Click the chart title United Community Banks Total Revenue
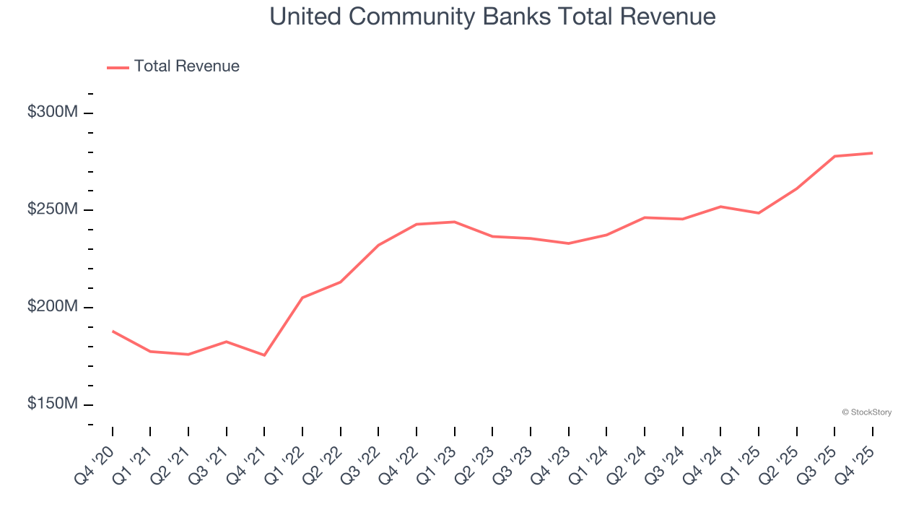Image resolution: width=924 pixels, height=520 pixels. (493, 17)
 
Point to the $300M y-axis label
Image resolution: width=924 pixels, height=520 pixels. (53, 113)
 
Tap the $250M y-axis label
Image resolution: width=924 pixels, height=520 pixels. (53, 209)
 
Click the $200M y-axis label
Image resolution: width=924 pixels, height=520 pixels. (53, 307)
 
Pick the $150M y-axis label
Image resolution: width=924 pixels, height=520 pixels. (53, 404)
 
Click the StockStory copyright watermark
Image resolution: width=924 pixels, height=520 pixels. (866, 412)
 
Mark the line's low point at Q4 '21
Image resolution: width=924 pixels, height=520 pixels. (264, 355)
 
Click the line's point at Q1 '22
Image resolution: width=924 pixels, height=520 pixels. (302, 298)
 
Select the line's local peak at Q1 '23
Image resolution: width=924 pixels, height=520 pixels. (455, 222)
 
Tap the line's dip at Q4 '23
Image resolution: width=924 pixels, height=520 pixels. (568, 243)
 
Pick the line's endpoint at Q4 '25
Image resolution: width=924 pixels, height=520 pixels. (872, 153)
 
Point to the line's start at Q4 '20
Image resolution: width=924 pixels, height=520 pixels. (113, 331)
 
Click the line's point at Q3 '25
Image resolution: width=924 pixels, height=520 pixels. (834, 156)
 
